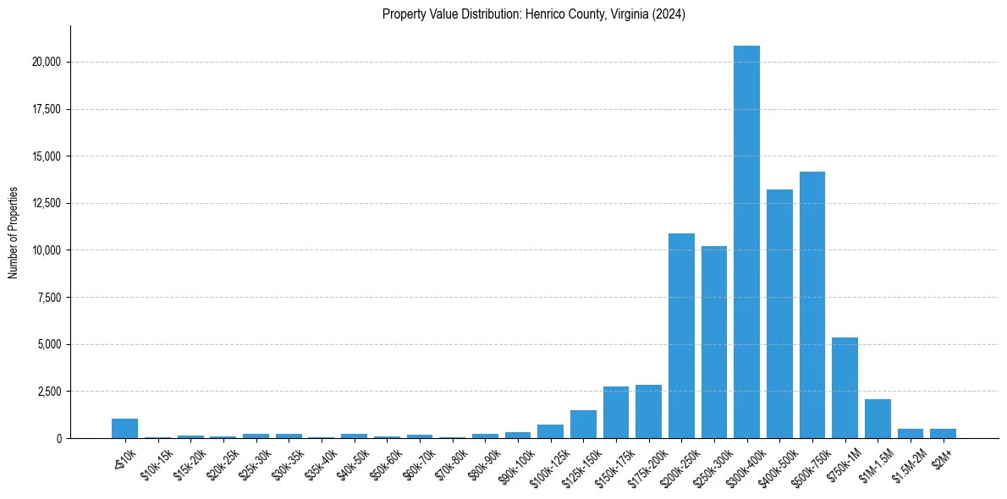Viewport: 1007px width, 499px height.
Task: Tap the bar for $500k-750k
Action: [812, 304]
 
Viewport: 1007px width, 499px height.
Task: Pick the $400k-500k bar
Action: [779, 314]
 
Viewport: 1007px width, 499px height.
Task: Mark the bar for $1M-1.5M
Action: [878, 419]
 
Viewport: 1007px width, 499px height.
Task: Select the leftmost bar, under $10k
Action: [124, 429]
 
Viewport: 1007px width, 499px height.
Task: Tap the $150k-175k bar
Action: [616, 413]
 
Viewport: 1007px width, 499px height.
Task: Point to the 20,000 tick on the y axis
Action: [43, 63]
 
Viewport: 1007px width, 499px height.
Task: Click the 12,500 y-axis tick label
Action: [43, 204]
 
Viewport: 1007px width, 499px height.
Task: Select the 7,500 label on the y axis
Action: [47, 298]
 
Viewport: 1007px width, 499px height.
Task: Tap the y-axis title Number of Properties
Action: [14, 233]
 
